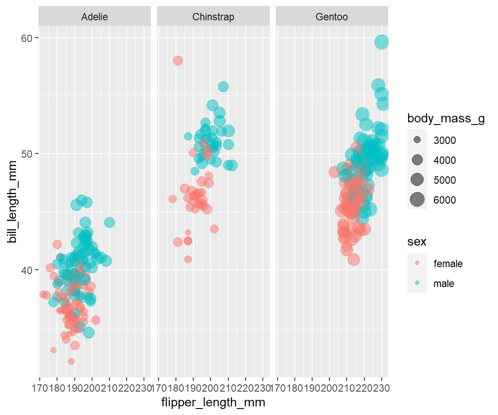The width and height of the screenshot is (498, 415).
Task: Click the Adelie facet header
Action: click(95, 17)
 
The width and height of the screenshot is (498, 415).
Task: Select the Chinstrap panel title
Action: click(213, 17)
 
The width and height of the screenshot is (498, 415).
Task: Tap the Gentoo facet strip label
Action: click(332, 17)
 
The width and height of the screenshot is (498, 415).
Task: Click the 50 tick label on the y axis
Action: click(28, 154)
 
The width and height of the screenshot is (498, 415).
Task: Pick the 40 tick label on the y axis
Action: click(28, 270)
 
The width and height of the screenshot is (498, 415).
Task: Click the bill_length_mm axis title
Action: click(13, 202)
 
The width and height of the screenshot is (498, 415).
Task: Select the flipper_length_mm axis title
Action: click(213, 403)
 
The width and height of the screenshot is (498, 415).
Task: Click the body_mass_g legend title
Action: click(446, 119)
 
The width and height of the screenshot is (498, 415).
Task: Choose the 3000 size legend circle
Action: click(417, 140)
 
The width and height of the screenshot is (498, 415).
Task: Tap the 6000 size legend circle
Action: click(417, 200)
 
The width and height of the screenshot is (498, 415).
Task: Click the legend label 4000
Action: click(444, 160)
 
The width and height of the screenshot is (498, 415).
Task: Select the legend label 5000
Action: click(444, 180)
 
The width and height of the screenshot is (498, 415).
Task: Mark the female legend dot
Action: click(417, 263)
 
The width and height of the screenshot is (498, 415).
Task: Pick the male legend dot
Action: click(417, 283)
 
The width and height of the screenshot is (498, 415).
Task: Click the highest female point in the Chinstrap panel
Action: click(178, 61)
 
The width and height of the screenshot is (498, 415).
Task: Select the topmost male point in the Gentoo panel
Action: click(381, 42)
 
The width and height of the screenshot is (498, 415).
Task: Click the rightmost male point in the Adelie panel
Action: click(109, 222)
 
